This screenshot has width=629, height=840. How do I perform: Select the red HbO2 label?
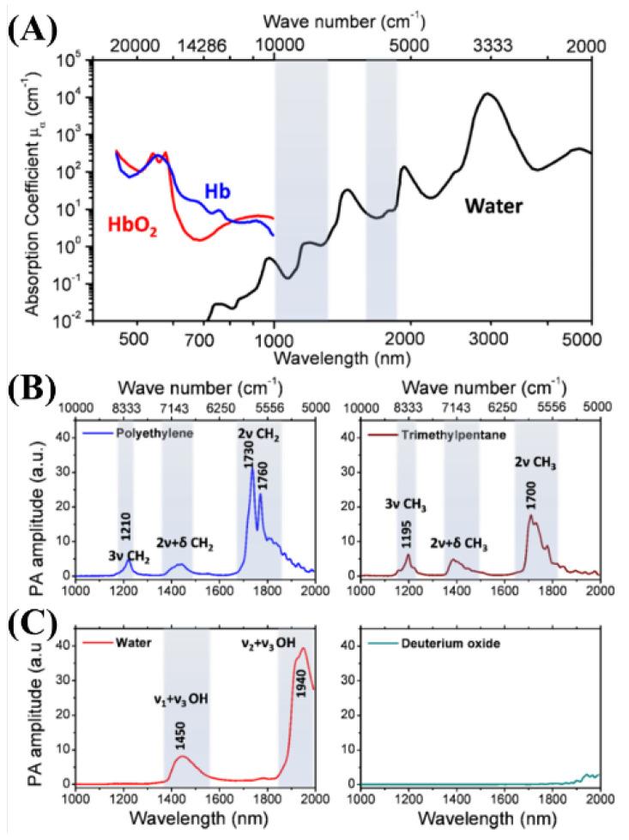point(132,226)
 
